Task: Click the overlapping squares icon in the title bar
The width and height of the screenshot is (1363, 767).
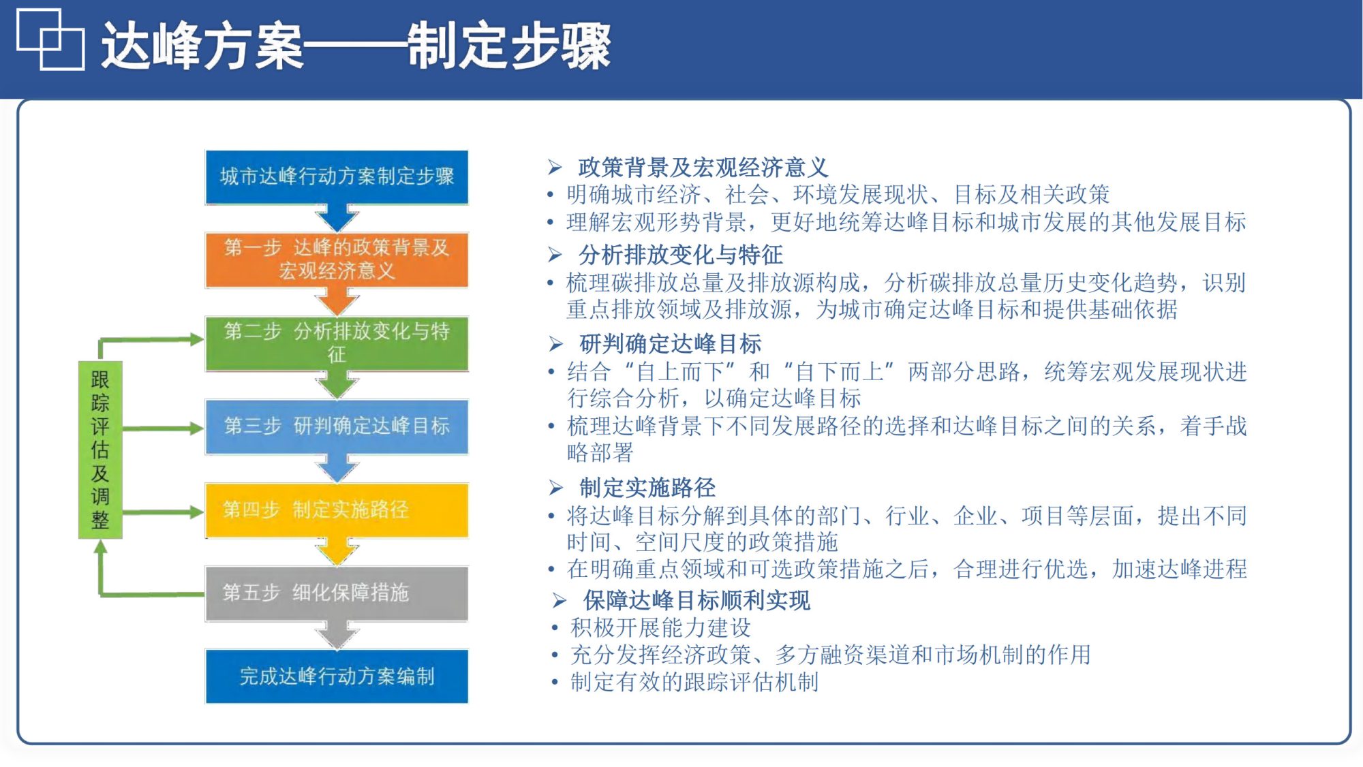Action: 50,40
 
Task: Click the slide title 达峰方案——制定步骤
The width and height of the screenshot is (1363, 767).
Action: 356,46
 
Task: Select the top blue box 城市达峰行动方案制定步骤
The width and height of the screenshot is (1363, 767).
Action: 337,176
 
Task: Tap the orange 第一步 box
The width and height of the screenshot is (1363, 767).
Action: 337,260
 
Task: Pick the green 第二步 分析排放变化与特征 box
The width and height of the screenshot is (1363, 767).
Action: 337,343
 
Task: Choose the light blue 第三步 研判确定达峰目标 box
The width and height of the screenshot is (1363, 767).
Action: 337,426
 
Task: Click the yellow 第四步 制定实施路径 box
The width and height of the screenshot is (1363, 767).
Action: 337,510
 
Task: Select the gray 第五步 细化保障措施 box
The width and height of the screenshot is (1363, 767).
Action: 337,593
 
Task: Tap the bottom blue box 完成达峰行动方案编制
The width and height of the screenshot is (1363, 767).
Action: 337,676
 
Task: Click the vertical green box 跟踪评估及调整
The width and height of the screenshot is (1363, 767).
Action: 100,450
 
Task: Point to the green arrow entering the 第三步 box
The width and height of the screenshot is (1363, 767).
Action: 164,428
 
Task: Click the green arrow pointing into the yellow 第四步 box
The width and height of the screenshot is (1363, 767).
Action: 164,512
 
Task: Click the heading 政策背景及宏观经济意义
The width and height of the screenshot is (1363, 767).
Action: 702,167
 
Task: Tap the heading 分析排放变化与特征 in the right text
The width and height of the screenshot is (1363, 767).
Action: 680,255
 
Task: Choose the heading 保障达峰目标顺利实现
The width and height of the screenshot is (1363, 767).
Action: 696,600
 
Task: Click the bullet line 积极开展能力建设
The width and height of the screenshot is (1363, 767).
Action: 660,627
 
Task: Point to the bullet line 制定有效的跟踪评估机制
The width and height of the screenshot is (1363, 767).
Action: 694,682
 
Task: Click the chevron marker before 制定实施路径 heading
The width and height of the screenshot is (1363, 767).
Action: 556,488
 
